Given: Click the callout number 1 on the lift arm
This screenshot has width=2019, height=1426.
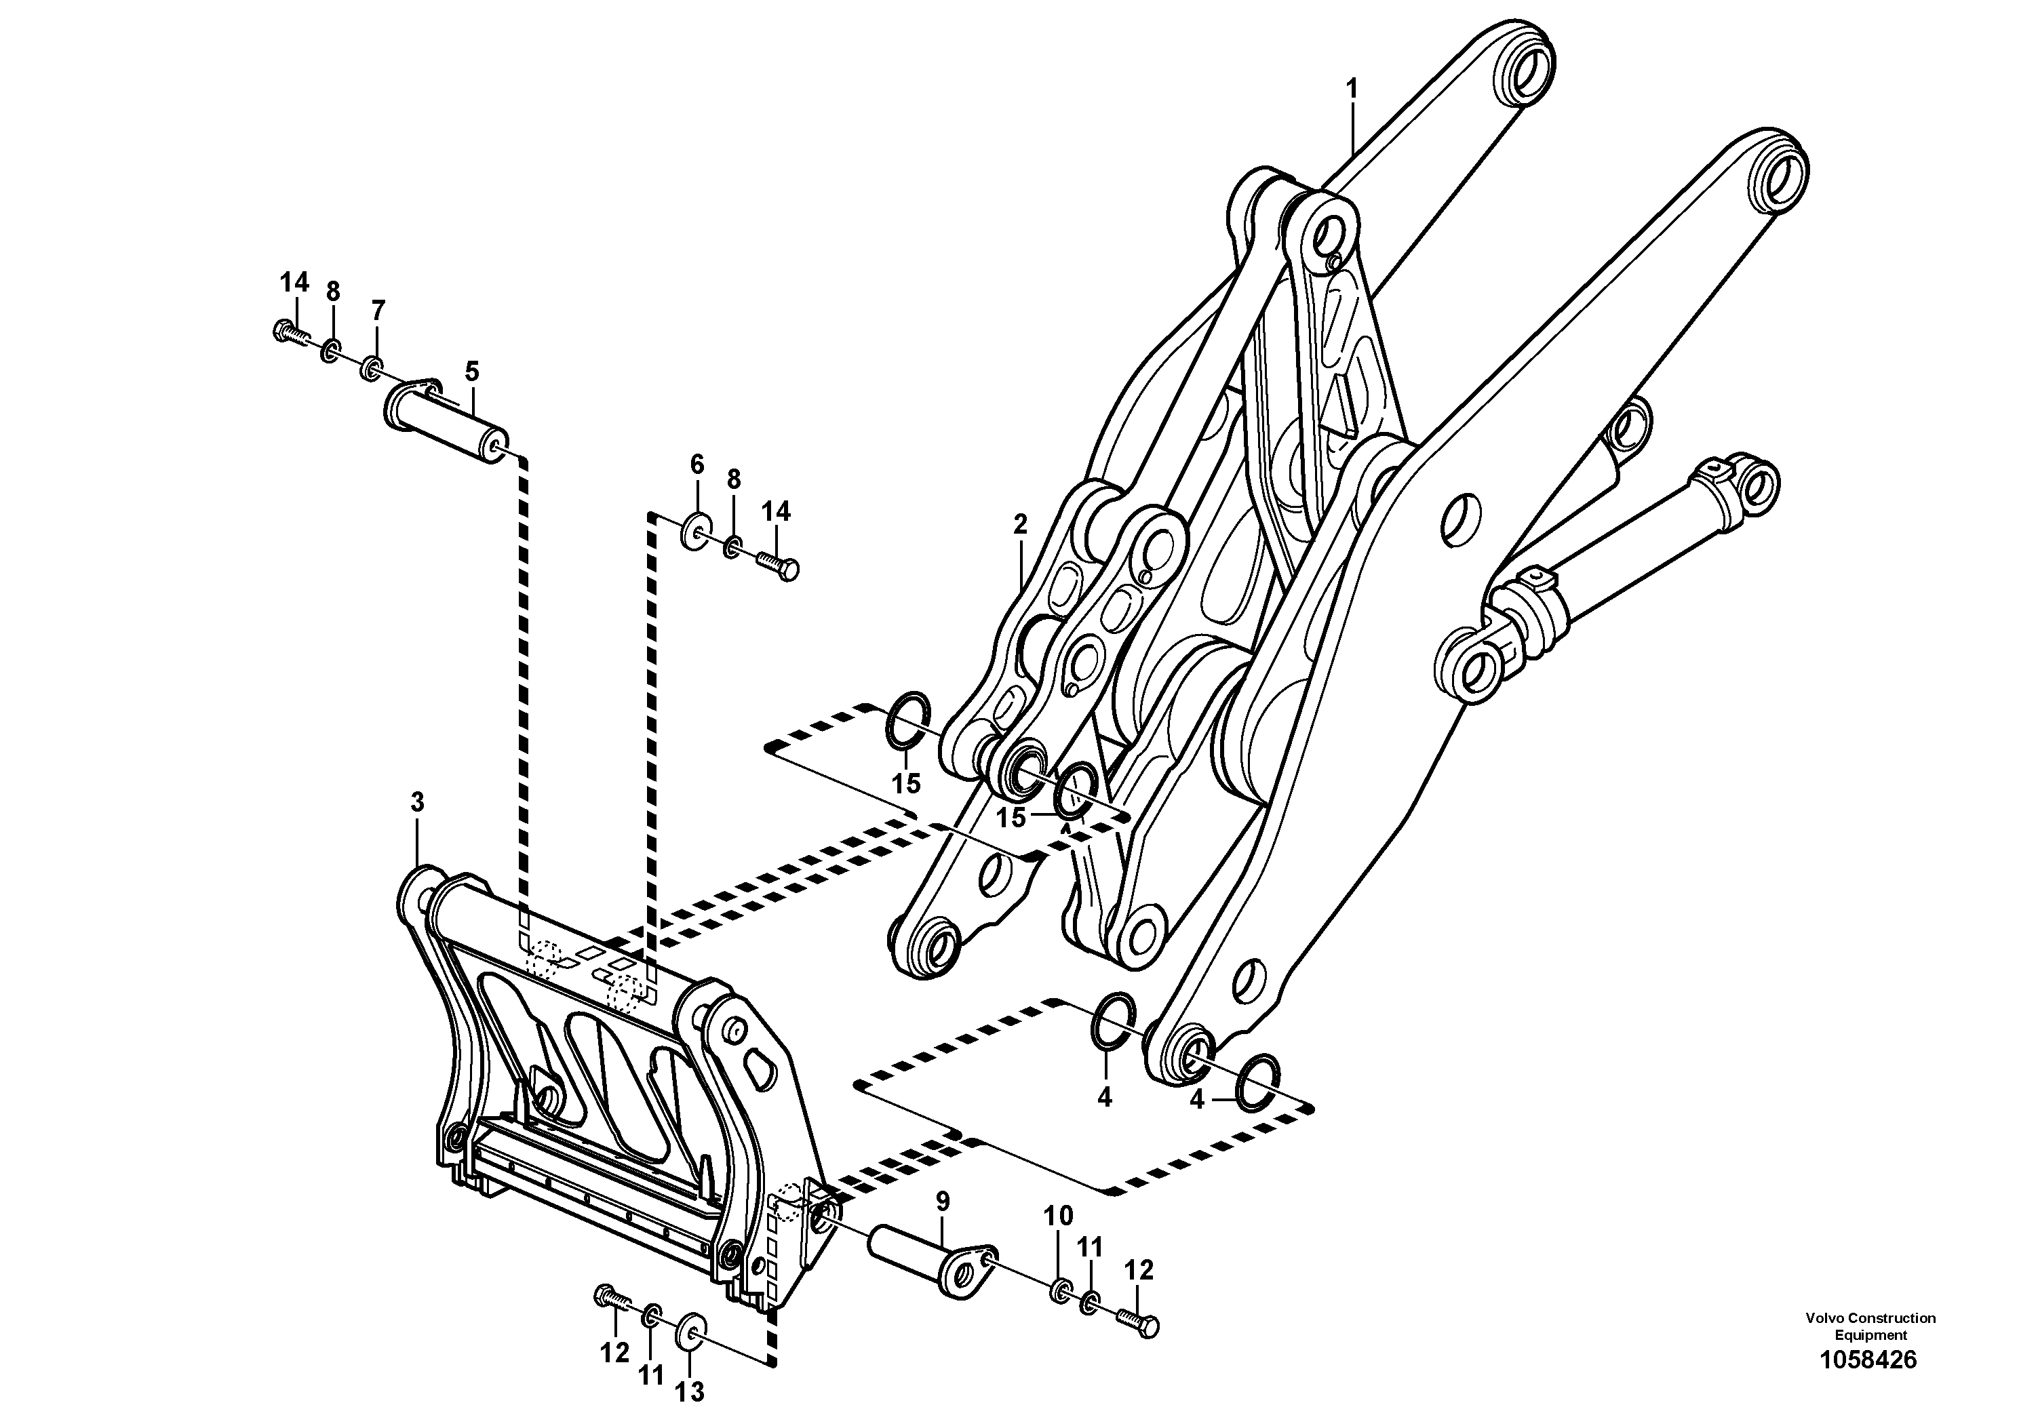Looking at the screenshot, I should tap(1352, 89).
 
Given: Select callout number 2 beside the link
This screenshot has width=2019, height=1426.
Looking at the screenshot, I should tap(1019, 525).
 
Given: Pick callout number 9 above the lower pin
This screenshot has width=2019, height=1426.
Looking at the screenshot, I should tap(943, 1202).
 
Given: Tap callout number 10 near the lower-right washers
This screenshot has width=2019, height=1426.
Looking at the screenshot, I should tap(1058, 1216).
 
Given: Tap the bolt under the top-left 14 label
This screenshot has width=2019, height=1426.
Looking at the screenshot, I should tap(290, 332).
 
